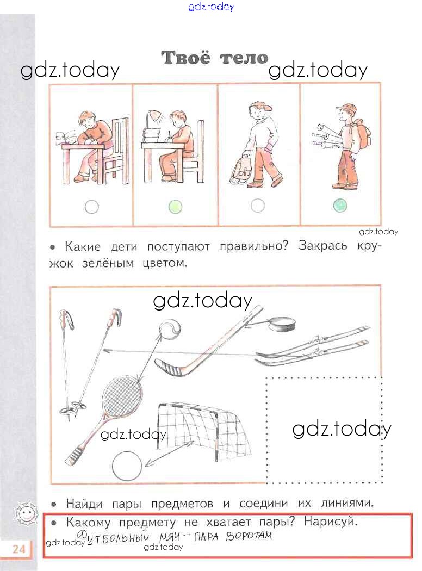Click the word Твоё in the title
(185, 58)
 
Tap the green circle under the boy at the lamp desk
(175, 207)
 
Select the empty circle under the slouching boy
(92, 207)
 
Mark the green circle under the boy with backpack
(340, 206)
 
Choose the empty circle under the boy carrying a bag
(258, 206)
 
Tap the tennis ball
(170, 329)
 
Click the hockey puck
(281, 324)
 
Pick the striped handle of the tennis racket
(75, 455)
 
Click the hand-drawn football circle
(127, 466)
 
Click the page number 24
(19, 548)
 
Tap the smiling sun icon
(25, 514)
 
